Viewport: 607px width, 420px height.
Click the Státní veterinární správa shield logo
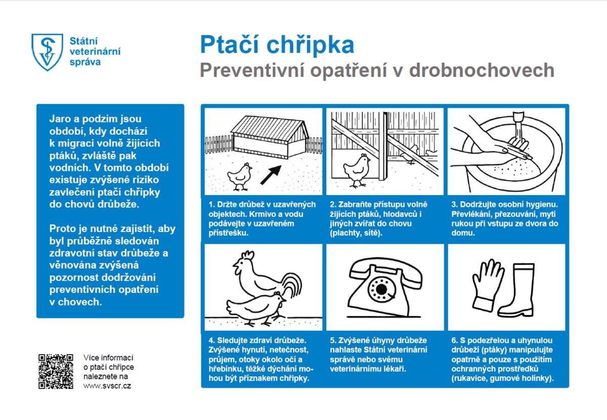click(47, 52)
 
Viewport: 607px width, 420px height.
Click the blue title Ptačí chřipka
click(277, 45)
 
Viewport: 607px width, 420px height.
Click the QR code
click(56, 371)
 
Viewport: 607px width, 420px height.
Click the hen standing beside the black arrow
click(240, 175)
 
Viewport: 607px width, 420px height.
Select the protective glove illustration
click(487, 284)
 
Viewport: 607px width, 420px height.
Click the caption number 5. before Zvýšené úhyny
click(333, 339)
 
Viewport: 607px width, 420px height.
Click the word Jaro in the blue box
click(59, 119)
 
